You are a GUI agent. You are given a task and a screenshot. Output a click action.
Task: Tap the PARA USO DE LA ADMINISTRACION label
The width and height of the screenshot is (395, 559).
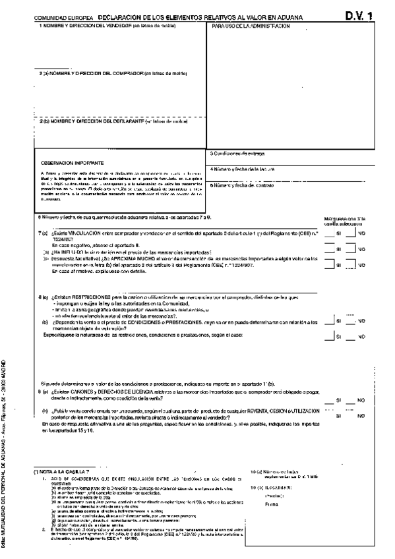coord(251,25)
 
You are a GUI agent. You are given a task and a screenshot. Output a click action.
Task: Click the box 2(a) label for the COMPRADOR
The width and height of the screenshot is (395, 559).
coord(114,73)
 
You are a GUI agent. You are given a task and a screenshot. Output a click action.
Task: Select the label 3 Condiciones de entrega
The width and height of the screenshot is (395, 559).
coord(239,154)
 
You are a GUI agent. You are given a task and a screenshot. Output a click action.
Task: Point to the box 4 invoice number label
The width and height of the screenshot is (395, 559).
coord(243,169)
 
